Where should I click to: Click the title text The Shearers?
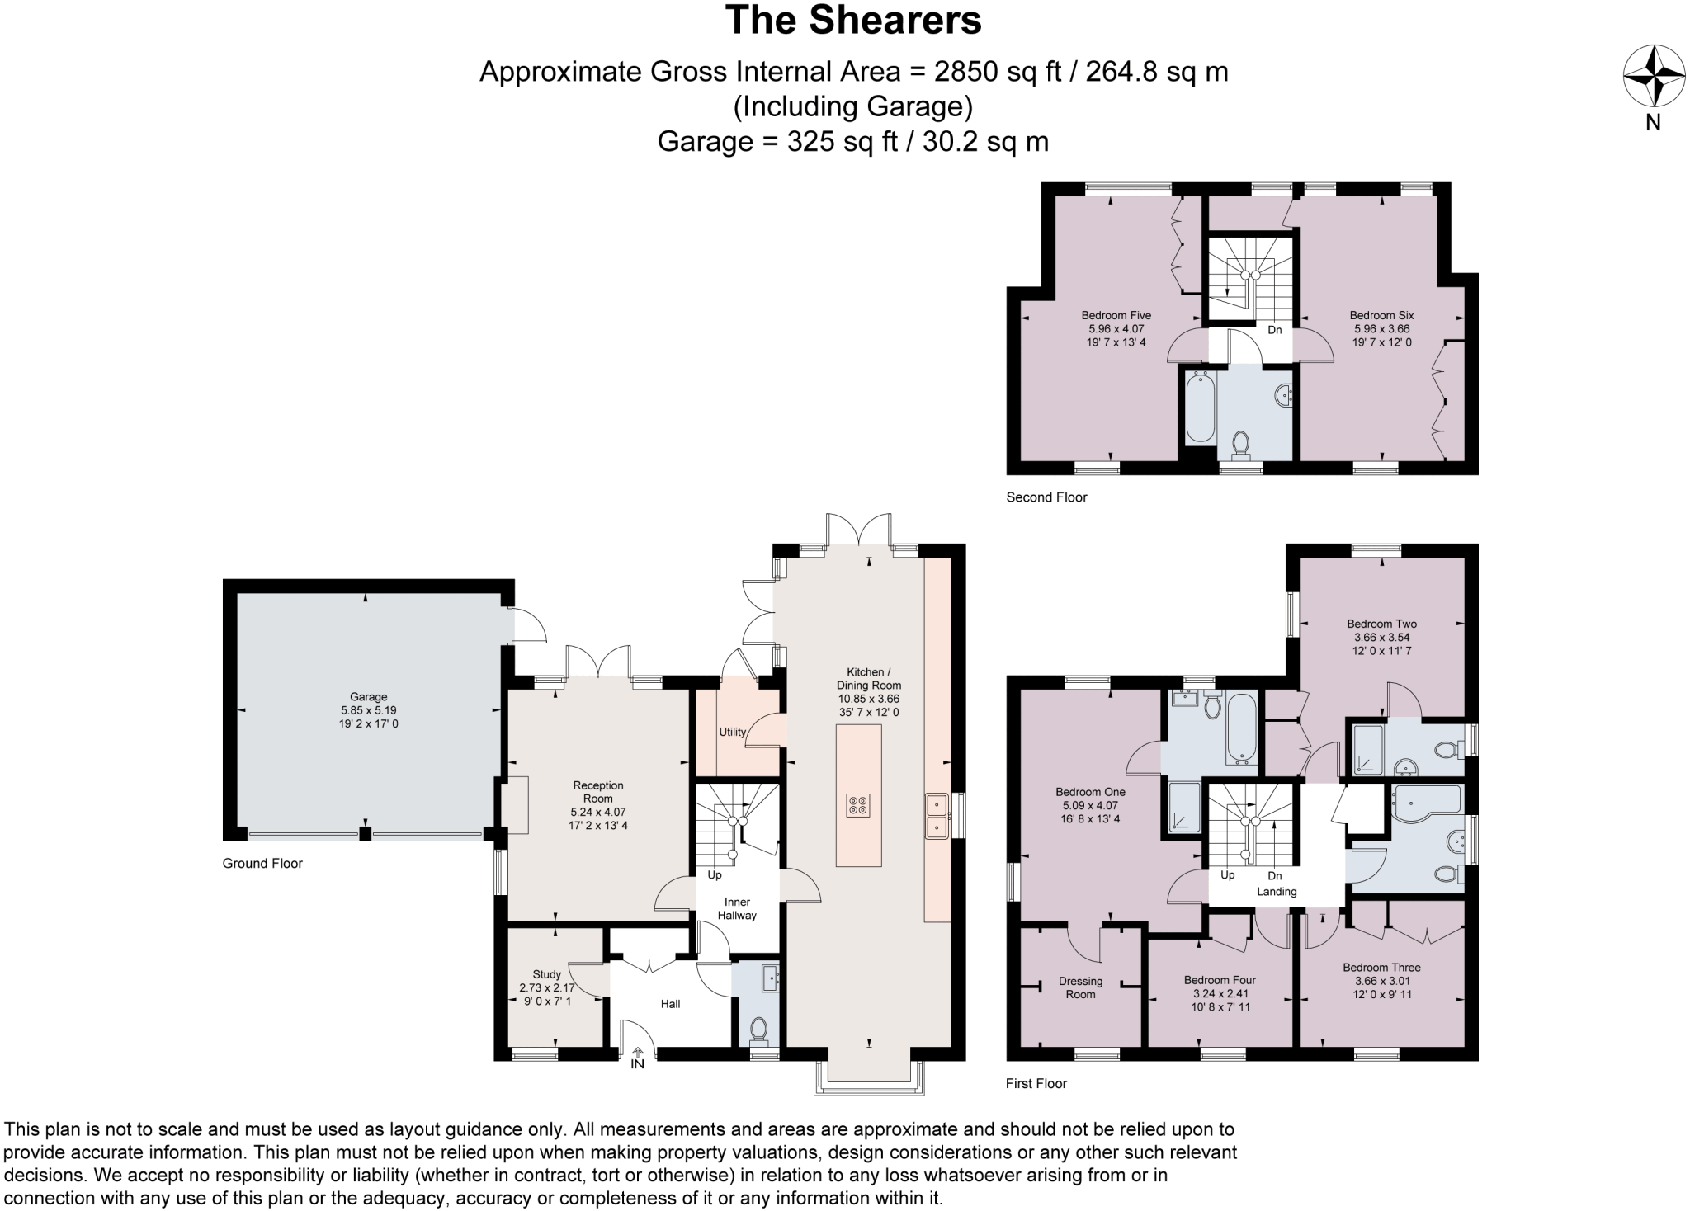point(853,21)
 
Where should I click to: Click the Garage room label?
point(368,697)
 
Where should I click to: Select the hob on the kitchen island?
point(858,805)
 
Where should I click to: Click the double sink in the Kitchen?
point(936,815)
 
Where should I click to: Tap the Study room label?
point(546,974)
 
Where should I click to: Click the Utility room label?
point(732,732)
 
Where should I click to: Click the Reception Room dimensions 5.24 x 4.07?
point(598,812)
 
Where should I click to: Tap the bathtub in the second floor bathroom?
point(1199,408)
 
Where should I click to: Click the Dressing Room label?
point(1080,987)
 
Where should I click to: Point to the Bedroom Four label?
point(1220,980)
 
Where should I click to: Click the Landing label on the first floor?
point(1277,891)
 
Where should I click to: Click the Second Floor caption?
point(1046,497)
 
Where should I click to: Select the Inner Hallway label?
point(737,908)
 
